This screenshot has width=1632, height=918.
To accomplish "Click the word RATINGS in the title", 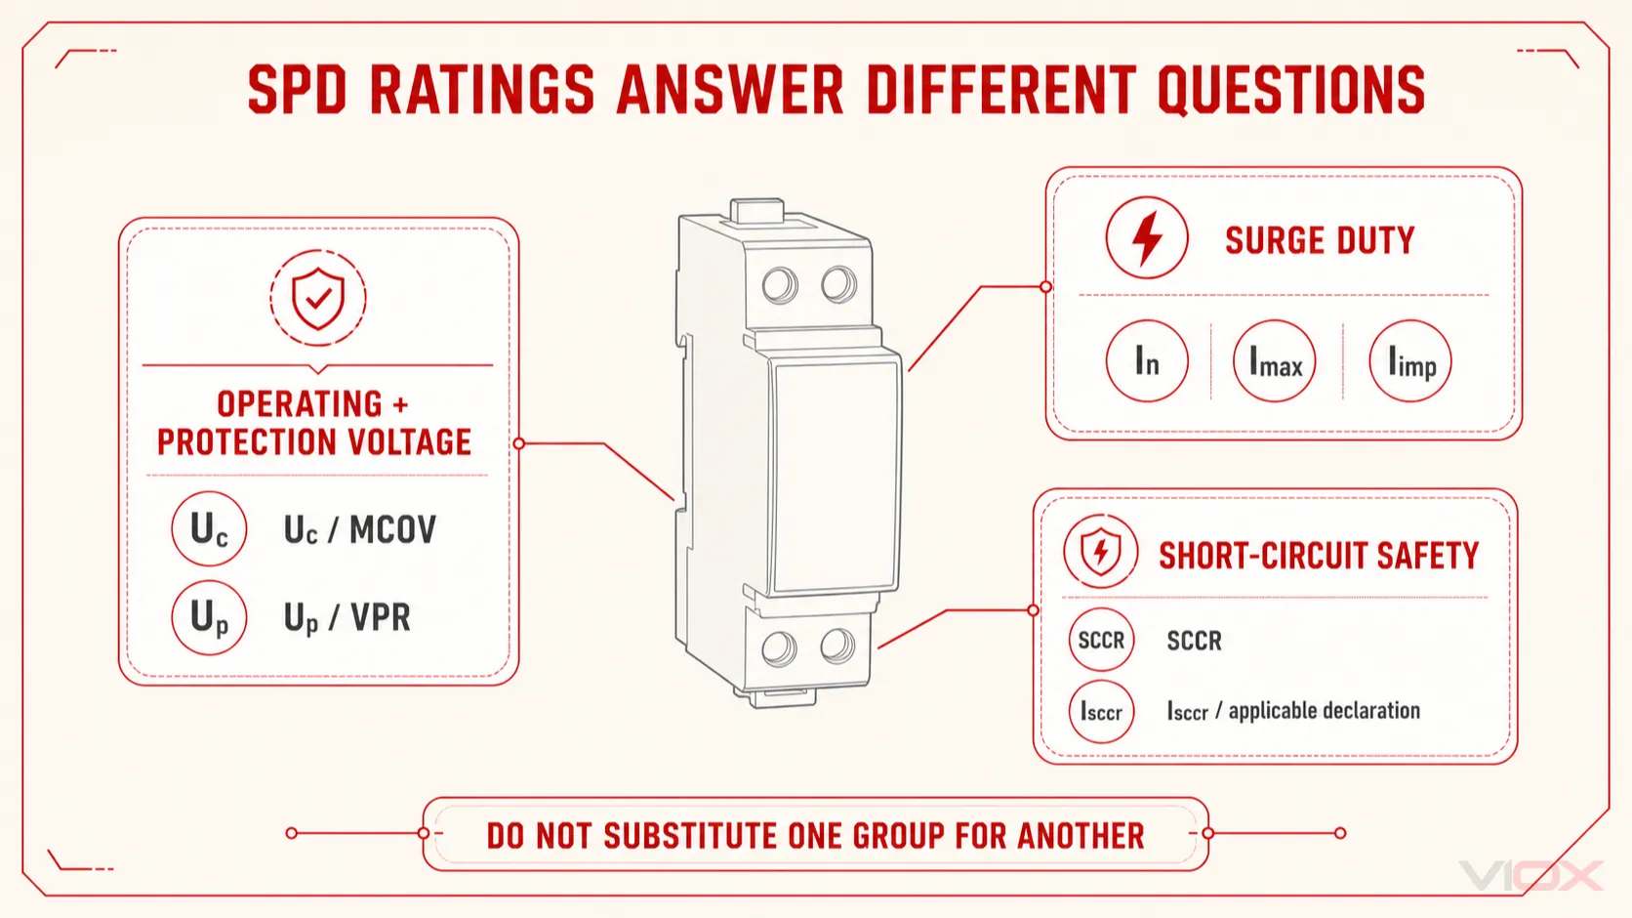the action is pyautogui.click(x=482, y=90).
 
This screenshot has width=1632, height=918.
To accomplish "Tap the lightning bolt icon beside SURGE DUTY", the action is pyautogui.click(x=1147, y=237).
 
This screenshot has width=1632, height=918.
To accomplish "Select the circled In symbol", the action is pyautogui.click(x=1147, y=361).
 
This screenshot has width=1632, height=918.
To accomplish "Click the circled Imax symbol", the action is pyautogui.click(x=1275, y=361).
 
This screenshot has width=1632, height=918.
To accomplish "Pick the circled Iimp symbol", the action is pyautogui.click(x=1409, y=361).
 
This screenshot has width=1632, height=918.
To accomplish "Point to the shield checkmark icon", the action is pyautogui.click(x=317, y=298).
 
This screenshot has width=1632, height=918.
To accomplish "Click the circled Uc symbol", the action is pyautogui.click(x=209, y=528).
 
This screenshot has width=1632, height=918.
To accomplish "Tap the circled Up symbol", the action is pyautogui.click(x=209, y=617).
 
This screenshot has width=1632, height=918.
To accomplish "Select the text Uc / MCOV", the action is pyautogui.click(x=360, y=530).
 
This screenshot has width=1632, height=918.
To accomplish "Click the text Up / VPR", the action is pyautogui.click(x=347, y=618).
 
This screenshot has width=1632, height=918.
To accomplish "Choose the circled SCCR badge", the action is pyautogui.click(x=1101, y=640).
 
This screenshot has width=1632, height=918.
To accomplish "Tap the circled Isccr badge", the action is pyautogui.click(x=1101, y=711).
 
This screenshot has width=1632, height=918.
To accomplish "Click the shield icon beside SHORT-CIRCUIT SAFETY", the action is pyautogui.click(x=1100, y=551).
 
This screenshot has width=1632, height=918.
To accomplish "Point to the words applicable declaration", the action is pyautogui.click(x=1324, y=711).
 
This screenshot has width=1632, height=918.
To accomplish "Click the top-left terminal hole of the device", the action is pyautogui.click(x=780, y=284).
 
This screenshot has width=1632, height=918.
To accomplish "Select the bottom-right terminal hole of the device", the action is pyautogui.click(x=837, y=647).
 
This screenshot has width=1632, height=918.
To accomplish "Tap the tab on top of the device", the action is pyautogui.click(x=757, y=212).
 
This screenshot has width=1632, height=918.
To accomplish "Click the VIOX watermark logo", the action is pyautogui.click(x=1530, y=875).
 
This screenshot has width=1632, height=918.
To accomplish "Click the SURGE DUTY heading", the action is pyautogui.click(x=1320, y=240).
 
